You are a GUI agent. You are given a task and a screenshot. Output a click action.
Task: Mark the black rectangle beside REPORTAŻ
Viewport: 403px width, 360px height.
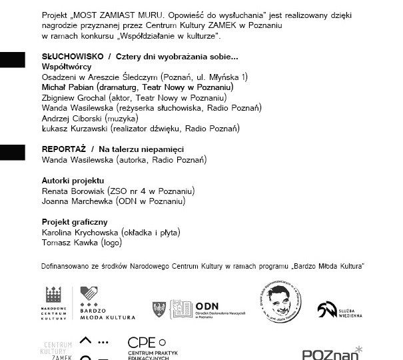[x=12, y=151]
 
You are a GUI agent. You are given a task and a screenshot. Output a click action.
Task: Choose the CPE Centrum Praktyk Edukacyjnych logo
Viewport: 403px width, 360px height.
[x=151, y=348]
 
